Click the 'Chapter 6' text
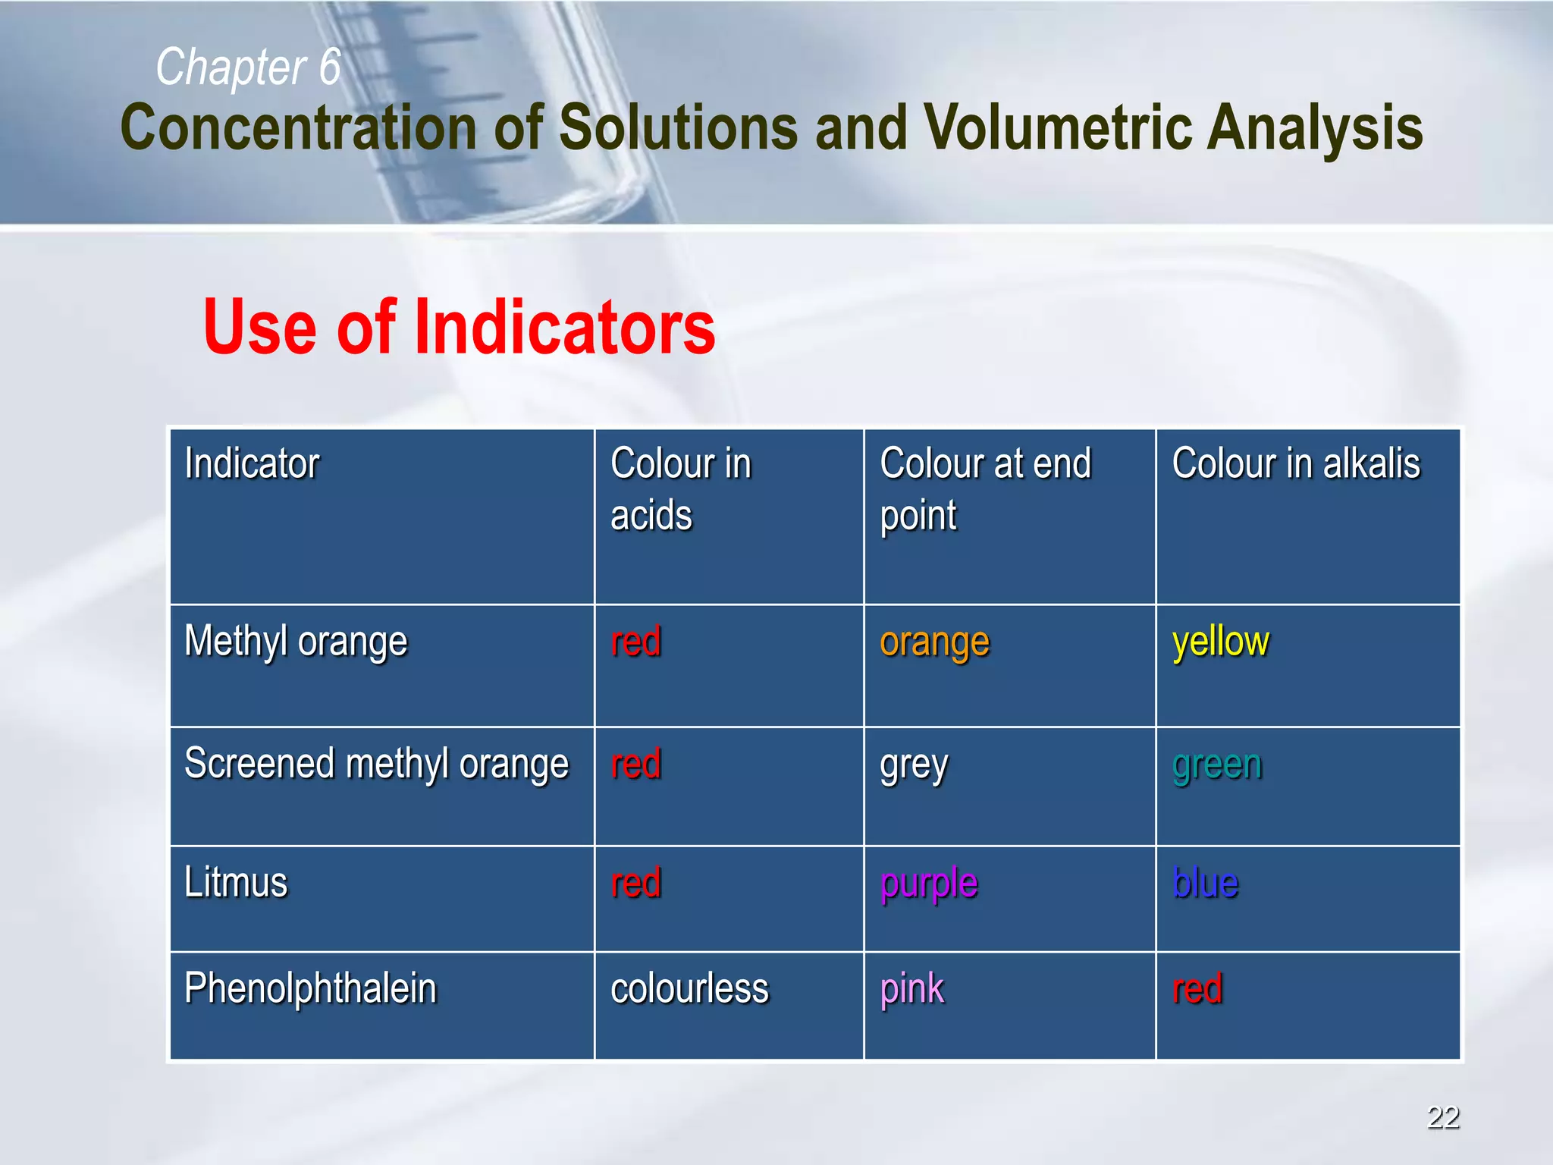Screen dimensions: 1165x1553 point(248,67)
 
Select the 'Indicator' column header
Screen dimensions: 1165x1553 point(252,463)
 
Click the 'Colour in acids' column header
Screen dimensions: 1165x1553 point(680,488)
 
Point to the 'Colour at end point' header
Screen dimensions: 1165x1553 point(985,488)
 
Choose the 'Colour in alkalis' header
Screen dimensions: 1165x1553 point(1295,463)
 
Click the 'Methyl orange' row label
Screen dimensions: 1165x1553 point(296,642)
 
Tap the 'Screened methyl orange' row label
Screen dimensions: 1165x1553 point(376,764)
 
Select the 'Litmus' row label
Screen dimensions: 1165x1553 point(236,883)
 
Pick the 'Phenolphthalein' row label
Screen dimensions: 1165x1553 point(310,988)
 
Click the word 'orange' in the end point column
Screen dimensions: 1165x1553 point(934,643)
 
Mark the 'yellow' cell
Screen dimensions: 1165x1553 point(1220,642)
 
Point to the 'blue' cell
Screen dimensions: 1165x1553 point(1205,883)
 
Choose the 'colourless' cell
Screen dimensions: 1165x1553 point(689,989)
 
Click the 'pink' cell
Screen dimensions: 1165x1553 point(912,989)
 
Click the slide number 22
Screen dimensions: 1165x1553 point(1443,1117)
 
